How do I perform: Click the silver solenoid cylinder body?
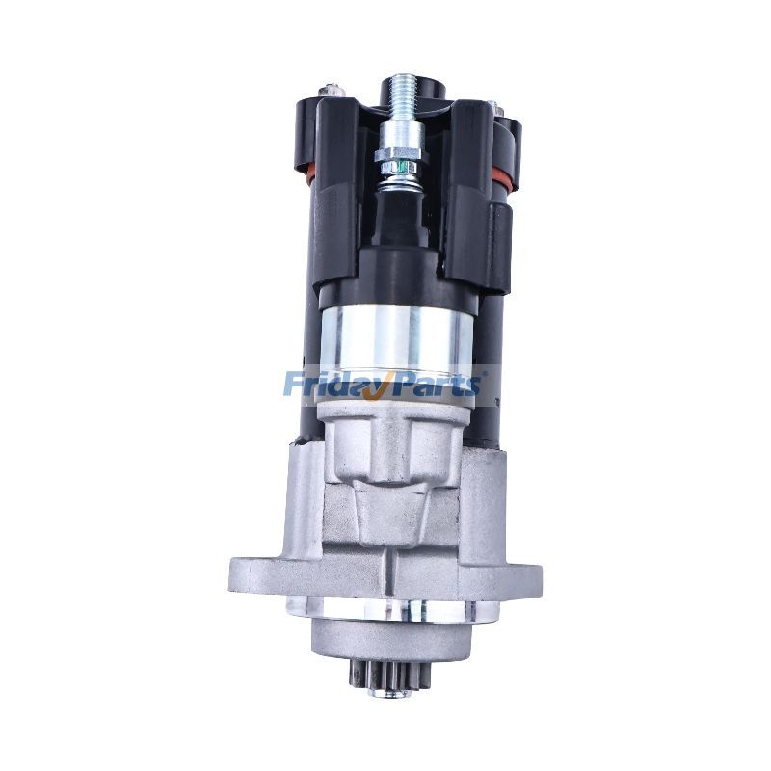click(x=395, y=337)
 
